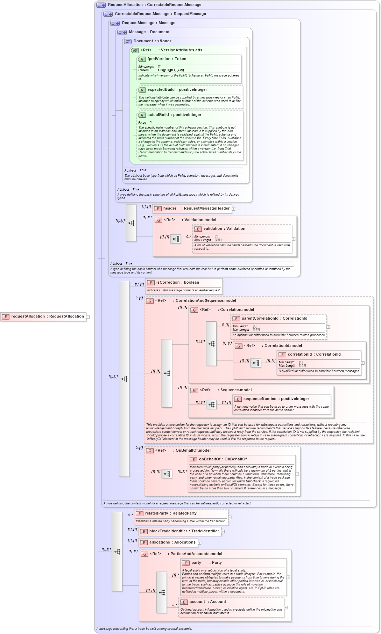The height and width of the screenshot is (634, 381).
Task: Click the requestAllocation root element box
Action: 43,316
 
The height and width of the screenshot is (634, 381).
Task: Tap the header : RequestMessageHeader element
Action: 192,209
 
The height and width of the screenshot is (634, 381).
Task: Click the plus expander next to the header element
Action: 233,209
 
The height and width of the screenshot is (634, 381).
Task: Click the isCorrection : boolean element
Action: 177,283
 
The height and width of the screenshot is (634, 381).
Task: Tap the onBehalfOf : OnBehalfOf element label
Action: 223,459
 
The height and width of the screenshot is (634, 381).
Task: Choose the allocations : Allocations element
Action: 168,542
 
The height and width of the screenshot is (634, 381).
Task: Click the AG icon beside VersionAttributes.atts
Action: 135,51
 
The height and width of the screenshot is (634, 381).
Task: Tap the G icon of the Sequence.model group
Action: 194,391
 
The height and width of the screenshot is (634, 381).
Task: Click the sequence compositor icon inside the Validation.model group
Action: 176,239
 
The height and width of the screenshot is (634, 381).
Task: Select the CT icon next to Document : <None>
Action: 128,42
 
